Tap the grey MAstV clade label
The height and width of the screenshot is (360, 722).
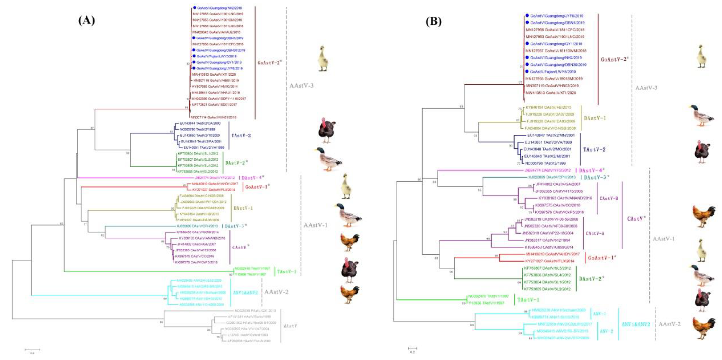(x=290, y=326)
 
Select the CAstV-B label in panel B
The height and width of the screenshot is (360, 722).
(x=608, y=199)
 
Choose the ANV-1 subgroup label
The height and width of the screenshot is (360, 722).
(x=599, y=314)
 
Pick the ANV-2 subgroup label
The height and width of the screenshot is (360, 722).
(x=606, y=331)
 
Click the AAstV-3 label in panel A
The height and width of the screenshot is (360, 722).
(x=301, y=86)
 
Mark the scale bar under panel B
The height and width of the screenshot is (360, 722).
(x=412, y=348)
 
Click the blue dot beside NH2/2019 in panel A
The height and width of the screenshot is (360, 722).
(x=194, y=8)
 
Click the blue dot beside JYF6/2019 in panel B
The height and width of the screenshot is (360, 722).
(x=527, y=16)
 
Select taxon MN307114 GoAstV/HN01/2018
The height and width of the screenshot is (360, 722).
(x=213, y=117)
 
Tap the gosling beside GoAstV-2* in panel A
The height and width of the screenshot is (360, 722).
(x=323, y=59)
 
